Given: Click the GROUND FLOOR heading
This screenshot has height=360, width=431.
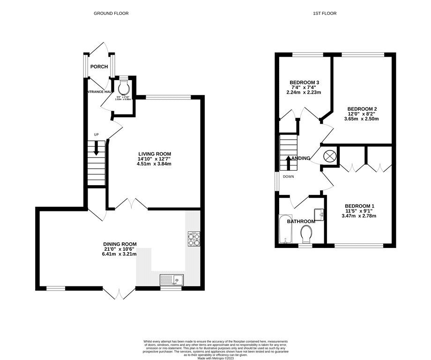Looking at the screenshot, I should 111,14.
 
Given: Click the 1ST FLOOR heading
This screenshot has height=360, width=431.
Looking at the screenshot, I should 325,14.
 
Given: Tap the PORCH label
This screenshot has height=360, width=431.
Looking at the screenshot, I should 99,67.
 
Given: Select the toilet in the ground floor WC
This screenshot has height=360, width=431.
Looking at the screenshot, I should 124,88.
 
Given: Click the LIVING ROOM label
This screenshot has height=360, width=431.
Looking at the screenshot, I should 154,154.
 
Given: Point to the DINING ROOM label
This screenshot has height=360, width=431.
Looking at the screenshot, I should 120,244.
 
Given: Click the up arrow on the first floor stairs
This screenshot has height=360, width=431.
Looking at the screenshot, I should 288,162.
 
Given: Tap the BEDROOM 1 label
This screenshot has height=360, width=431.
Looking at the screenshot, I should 359,206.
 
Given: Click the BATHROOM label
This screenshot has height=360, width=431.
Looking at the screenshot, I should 301,221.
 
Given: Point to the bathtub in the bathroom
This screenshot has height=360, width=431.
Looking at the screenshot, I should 285,230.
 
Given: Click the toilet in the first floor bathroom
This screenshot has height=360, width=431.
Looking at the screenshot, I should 307,233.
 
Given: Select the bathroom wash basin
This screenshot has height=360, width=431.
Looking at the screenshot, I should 320,215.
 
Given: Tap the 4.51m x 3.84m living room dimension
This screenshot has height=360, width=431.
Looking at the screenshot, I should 154,164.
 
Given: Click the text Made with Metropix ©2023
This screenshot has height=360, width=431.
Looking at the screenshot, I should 215,359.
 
